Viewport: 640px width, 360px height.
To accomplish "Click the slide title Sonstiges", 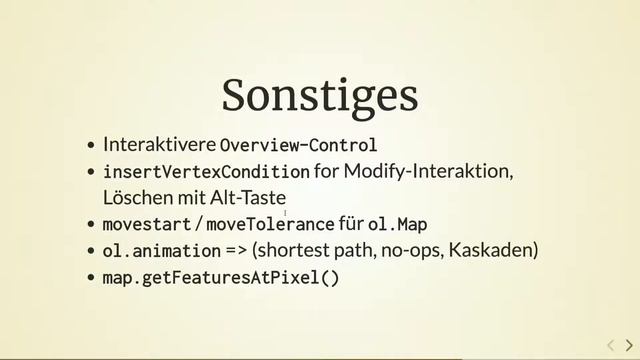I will [319, 95].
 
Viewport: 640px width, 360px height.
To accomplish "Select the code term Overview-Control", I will [298, 144].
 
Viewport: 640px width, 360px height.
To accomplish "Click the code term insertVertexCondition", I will [206, 172].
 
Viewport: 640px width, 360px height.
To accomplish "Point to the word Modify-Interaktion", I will [428, 172].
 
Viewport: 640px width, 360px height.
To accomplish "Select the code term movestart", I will [146, 224].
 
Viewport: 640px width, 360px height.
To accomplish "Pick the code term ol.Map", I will [398, 224].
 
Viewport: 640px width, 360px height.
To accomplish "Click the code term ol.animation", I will [161, 250].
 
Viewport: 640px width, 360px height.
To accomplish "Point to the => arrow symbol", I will [237, 250].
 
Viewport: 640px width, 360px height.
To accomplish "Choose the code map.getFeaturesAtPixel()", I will [221, 277].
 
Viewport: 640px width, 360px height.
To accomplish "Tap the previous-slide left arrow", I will [611, 345].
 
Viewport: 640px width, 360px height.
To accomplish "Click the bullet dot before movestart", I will [92, 225].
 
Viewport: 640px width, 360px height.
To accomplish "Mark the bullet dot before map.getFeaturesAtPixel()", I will [92, 278].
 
